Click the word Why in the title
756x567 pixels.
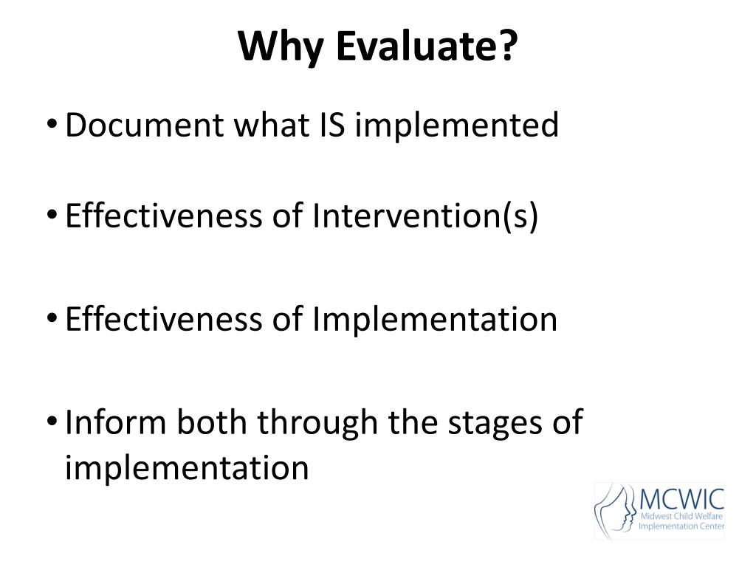(x=281, y=47)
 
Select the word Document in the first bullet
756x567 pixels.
(x=144, y=124)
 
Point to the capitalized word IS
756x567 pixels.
(x=331, y=124)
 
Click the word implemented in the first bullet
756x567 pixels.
(x=456, y=126)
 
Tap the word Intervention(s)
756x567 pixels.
(x=425, y=216)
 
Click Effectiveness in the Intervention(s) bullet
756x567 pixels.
(x=163, y=215)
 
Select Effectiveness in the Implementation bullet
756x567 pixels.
(x=163, y=319)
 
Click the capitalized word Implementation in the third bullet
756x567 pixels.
(x=434, y=320)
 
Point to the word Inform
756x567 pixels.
(x=115, y=422)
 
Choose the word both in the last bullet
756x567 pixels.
(x=211, y=422)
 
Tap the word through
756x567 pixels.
(x=317, y=423)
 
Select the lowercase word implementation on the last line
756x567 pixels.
(x=187, y=467)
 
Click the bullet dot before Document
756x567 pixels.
(x=52, y=124)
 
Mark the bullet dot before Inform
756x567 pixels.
(x=52, y=421)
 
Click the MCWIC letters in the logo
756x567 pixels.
(x=681, y=500)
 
